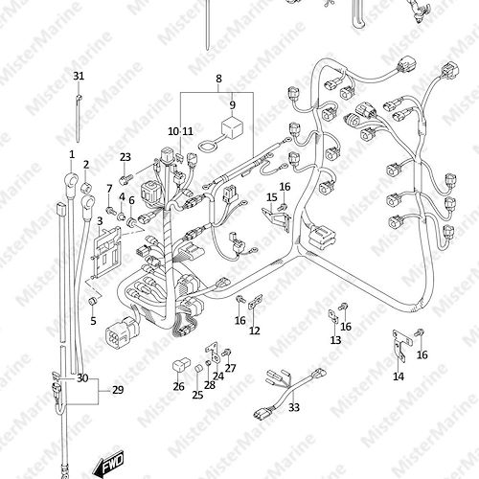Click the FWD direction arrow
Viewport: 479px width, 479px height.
108,463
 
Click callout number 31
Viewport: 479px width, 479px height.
79,76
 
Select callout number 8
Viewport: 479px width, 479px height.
218,79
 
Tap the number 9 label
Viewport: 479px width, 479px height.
233,104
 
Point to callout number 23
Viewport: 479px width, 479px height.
125,157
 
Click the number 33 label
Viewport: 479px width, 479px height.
294,407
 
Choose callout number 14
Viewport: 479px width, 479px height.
399,376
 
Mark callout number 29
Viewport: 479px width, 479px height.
118,390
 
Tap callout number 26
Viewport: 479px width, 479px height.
179,387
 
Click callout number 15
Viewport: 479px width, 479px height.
272,197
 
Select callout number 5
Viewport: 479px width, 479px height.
93,321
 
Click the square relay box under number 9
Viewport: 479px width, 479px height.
233,126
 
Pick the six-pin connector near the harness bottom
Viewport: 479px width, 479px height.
123,329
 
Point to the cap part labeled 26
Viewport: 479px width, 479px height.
182,365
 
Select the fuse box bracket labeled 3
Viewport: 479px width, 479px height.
105,252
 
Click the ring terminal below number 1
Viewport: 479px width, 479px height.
72,182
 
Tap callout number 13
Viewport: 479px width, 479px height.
335,340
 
